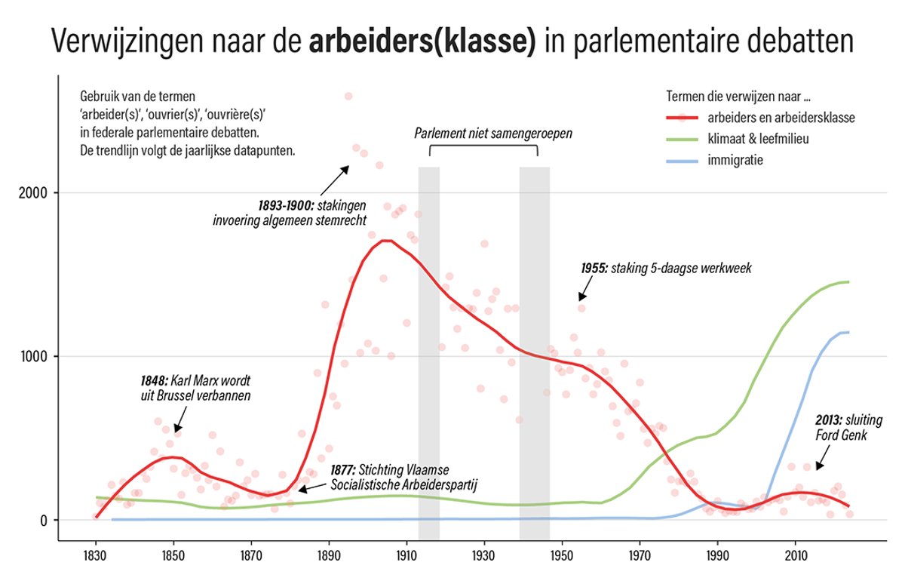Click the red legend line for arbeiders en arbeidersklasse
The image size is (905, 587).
[x=683, y=118]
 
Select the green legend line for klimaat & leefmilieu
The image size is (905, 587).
[x=683, y=139]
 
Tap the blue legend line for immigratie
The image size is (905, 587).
[x=683, y=160]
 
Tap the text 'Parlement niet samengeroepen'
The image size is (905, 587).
[x=493, y=134]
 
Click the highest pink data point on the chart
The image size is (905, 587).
[x=348, y=97]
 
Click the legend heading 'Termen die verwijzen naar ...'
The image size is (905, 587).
[x=744, y=97]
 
